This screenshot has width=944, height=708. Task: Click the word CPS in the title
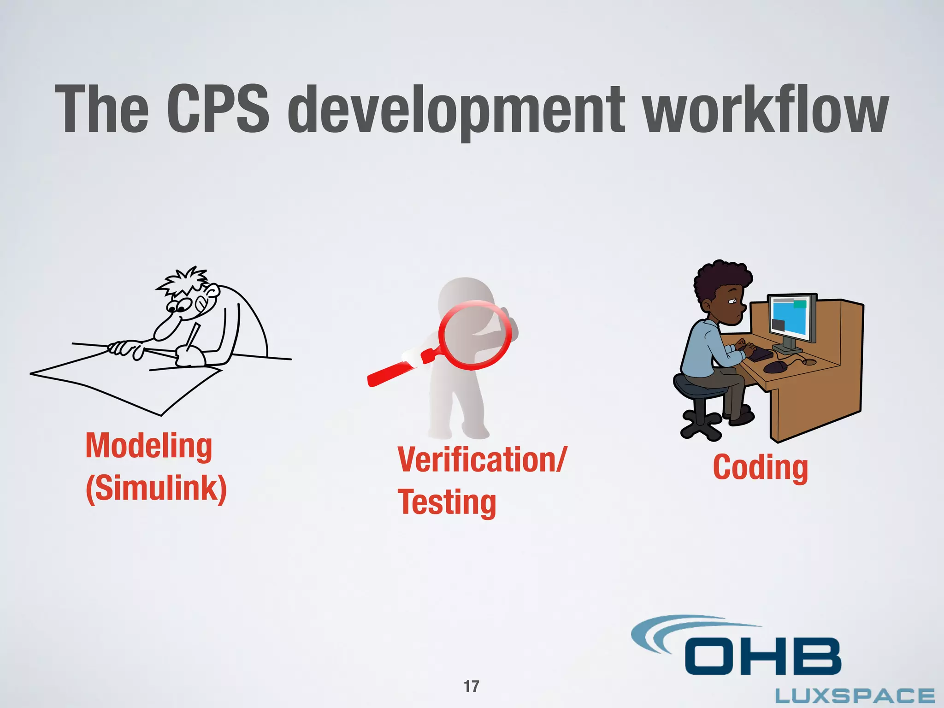tap(217, 109)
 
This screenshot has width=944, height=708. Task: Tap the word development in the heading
tap(456, 111)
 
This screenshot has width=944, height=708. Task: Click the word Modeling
tap(149, 446)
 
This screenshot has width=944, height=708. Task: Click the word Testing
tap(447, 502)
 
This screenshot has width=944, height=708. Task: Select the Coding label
tap(761, 468)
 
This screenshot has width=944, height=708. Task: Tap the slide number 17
tap(472, 686)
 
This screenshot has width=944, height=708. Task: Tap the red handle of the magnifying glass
tap(392, 372)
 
